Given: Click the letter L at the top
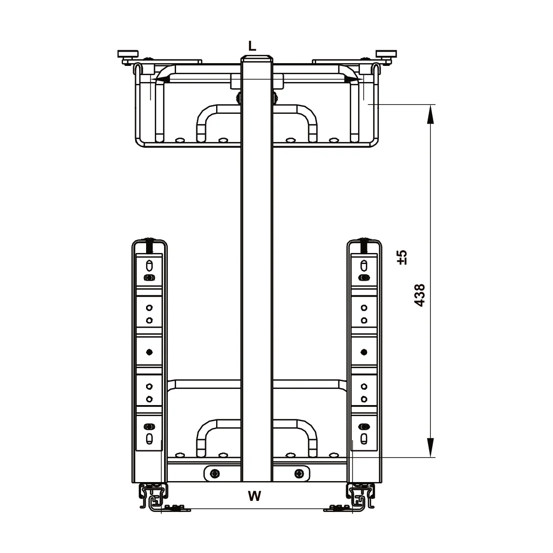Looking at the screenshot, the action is pos(252,46).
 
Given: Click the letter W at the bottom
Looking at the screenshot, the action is pos(254,496).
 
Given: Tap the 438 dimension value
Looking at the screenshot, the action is pos(420,295).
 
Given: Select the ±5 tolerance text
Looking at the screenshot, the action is pos(402,257).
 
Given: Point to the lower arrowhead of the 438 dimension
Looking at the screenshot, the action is pos(430,447).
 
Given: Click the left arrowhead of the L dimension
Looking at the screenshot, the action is pos(161,79).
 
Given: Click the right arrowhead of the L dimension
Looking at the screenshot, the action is pos(353,79).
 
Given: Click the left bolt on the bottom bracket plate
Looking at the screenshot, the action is pos(214,473).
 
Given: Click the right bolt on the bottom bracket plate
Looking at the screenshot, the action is pos(299,473).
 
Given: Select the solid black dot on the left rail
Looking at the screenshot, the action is pos(149,352).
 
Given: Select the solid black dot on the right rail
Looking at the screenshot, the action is pos(364,352).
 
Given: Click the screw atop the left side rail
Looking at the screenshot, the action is pos(149,245).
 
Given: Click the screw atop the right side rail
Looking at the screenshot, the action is pos(365,245).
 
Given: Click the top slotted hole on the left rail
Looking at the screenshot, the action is pos(149,265).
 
